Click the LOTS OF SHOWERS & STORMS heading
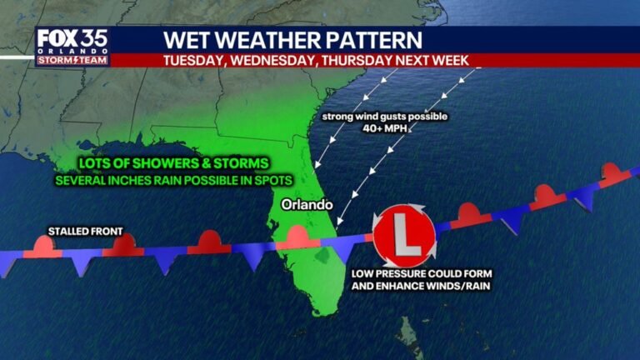[x=152, y=164]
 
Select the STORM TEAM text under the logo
[x=72, y=58]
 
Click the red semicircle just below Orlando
[x=297, y=237]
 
